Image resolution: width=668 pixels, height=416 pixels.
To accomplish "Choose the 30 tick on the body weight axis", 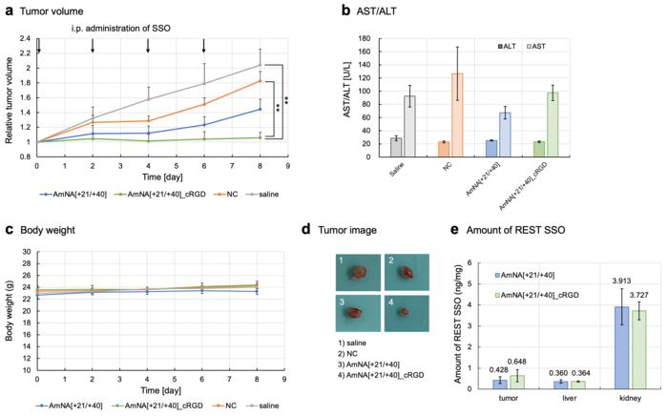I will pyautogui.click(x=28, y=252).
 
